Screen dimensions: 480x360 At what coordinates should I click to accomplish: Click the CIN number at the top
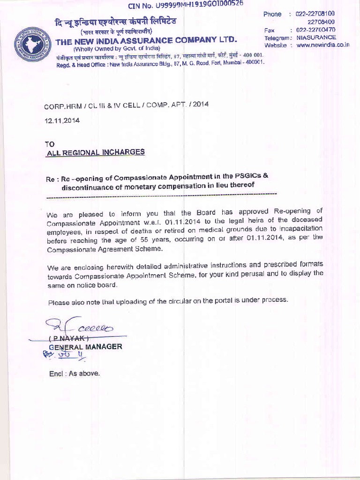186,5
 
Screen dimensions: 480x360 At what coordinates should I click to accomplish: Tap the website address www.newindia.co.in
323,45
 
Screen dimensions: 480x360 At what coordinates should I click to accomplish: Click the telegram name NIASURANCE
316,37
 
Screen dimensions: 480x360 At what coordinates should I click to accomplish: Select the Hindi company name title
115,22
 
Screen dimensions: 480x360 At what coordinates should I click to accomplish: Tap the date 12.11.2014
62,120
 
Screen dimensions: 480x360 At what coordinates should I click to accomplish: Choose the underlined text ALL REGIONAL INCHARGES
95,152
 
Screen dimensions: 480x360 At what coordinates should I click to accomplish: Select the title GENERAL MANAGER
85,347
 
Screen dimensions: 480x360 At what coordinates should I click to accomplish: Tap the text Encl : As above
75,374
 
